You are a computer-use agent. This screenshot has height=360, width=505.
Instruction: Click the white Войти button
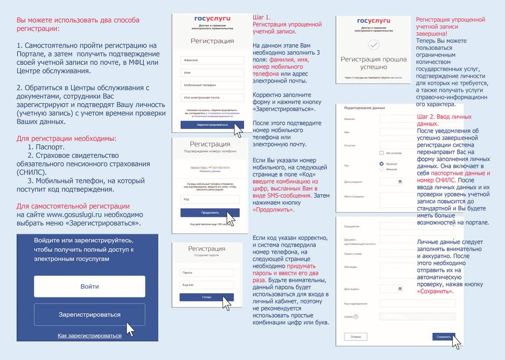coord(89,286)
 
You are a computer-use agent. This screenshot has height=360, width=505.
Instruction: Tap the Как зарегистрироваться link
coord(89,335)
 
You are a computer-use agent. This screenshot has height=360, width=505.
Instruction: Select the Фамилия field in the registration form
coord(211,60)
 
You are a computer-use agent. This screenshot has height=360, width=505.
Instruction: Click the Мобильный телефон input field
coord(211,85)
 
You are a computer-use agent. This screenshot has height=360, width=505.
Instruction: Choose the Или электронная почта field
coord(211,97)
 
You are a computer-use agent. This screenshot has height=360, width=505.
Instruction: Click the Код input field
coord(209,199)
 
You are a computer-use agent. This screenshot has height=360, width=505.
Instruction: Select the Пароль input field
coord(206,273)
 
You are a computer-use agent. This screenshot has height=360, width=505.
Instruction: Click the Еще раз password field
coord(206,285)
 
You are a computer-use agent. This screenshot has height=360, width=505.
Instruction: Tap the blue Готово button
coord(206,297)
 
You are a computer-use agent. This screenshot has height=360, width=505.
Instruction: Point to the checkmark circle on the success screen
coord(373,45)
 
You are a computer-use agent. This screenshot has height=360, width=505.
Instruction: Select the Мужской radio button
coord(381,164)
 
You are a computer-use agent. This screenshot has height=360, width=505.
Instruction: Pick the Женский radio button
coord(381,169)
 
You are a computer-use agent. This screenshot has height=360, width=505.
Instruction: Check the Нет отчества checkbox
coord(381,153)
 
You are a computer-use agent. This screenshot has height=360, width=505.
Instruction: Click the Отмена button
coord(356,336)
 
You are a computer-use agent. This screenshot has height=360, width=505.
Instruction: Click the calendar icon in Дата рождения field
coord(400,182)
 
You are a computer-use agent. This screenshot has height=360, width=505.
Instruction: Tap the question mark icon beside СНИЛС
coord(356,316)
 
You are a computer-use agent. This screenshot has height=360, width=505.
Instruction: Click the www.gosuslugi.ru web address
coord(70,215)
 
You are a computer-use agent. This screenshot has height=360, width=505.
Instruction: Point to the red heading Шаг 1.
coord(261,17)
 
